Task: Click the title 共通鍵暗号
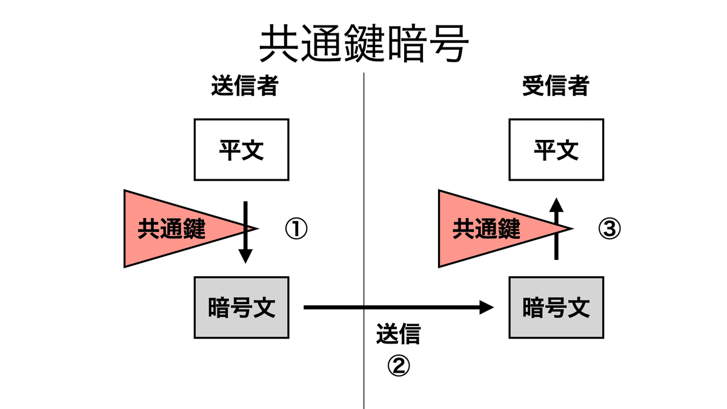[x=363, y=44]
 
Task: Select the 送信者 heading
[x=244, y=87]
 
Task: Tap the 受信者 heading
[x=555, y=87]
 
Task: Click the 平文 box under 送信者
[x=241, y=150]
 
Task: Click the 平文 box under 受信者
[x=556, y=150]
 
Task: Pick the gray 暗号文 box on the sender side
[x=241, y=308]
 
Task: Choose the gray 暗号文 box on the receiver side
[x=556, y=308]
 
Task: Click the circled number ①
[x=296, y=229]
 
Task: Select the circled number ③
[x=610, y=229]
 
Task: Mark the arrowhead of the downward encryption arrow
[x=245, y=256]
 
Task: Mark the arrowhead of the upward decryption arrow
[x=556, y=204]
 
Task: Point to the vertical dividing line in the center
[x=363, y=242]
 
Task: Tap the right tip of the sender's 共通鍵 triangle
[x=257, y=228]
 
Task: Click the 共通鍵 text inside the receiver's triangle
[x=486, y=229]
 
